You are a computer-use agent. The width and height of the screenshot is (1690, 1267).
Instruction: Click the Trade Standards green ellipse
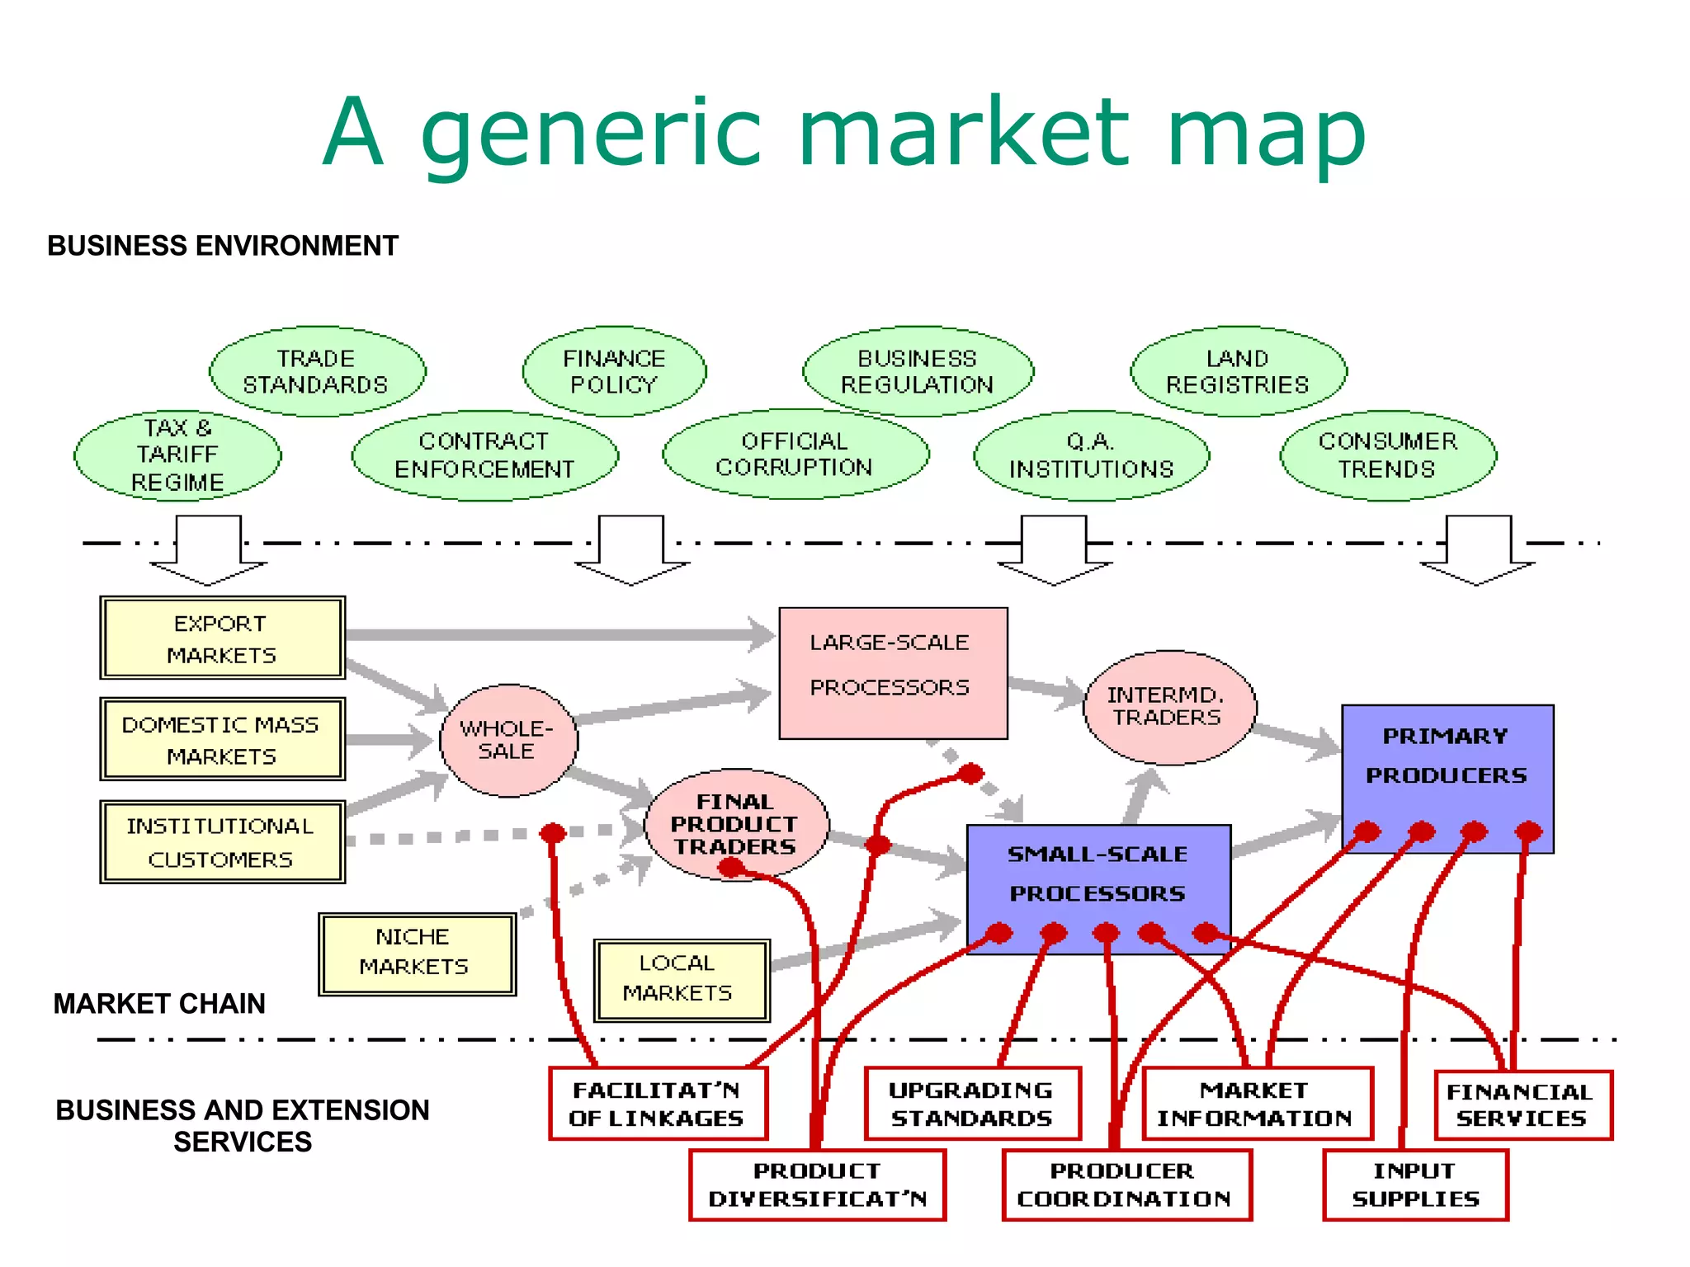click(317, 371)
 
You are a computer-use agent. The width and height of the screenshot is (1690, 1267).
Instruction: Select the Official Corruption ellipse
click(795, 455)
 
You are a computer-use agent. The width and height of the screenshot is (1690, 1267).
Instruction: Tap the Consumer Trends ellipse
click(1387, 455)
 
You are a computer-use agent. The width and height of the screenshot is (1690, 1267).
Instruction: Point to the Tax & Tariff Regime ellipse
click(177, 455)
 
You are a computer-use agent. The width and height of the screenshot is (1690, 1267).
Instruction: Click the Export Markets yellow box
click(221, 638)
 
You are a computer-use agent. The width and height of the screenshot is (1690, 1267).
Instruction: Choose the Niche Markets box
click(417, 953)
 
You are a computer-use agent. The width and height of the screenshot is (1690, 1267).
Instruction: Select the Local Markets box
click(681, 979)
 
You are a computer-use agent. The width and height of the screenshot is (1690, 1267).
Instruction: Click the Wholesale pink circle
click(508, 740)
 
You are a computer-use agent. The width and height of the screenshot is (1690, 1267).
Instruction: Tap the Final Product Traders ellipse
click(735, 824)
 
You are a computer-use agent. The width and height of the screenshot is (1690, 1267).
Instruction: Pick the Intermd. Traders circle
click(1168, 707)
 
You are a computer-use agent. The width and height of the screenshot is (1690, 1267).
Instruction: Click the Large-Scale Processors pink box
click(892, 672)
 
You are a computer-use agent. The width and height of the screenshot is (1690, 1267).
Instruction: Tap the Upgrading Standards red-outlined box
click(971, 1104)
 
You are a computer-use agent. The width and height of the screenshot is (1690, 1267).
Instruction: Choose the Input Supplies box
click(1415, 1185)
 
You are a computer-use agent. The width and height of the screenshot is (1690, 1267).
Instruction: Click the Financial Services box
click(1522, 1105)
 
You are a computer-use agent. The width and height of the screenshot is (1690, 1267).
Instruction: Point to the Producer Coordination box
click(1126, 1185)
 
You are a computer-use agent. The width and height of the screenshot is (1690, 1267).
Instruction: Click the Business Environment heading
click(223, 246)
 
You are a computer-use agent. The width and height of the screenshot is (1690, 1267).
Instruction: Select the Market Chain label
click(159, 1003)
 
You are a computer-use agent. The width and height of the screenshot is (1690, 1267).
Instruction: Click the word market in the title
click(963, 132)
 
